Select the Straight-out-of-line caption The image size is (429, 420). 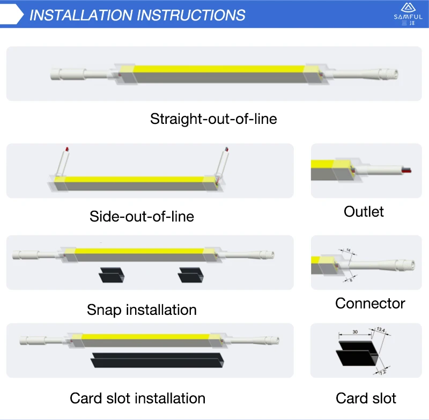[213, 119]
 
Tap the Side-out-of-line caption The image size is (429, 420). [142, 216]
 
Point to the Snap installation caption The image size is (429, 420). [142, 310]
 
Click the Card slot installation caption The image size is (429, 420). [137, 399]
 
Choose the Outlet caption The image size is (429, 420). [364, 211]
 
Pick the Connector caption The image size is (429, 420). [370, 303]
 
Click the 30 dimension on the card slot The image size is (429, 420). [356, 331]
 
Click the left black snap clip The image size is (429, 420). [112, 277]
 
